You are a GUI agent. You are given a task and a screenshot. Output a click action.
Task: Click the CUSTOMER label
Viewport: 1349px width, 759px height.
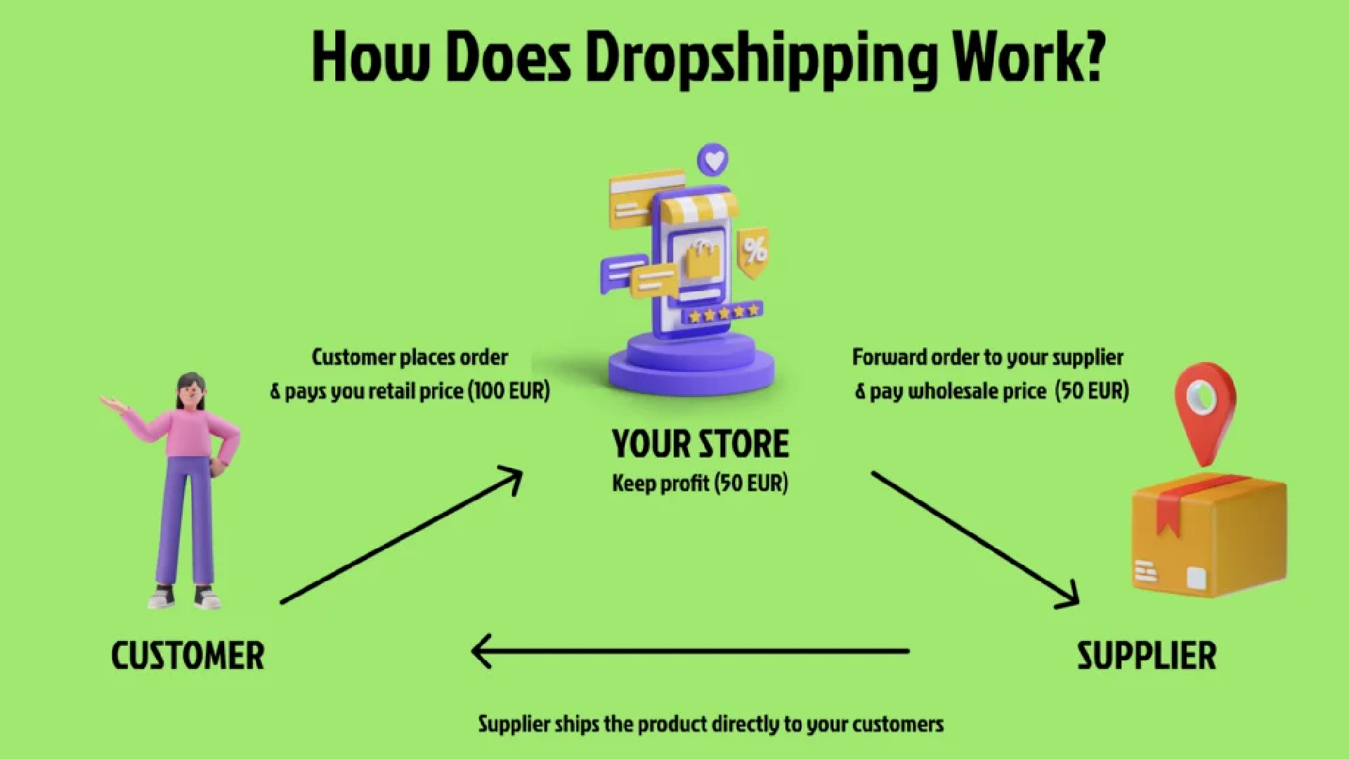click(188, 656)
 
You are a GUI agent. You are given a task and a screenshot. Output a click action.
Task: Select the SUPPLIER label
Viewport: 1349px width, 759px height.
click(1146, 656)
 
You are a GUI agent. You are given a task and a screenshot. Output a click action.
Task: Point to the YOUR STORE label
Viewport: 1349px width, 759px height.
click(700, 444)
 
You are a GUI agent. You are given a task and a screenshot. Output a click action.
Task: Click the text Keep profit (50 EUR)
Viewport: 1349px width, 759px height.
click(700, 484)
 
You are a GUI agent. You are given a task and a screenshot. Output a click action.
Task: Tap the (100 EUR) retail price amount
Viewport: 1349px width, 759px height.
click(509, 391)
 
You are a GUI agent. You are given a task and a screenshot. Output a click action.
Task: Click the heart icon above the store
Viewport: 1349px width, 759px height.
click(713, 160)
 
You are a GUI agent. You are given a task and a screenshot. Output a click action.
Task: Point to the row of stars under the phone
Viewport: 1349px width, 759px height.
click(723, 312)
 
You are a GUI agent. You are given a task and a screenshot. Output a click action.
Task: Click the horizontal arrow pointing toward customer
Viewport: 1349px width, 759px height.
click(690, 651)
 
